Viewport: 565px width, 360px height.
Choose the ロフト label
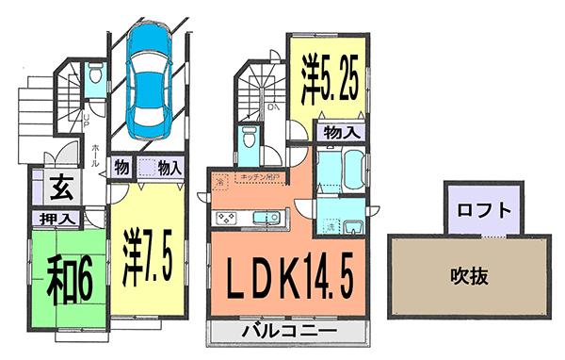[481, 209]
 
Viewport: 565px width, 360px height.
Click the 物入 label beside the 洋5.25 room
[338, 132]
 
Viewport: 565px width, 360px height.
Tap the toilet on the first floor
[95, 75]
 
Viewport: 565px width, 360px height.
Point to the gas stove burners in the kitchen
[227, 219]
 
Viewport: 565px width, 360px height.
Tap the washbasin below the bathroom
[353, 227]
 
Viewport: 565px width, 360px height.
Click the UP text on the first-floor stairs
[86, 122]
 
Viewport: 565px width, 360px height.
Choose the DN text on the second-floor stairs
[272, 108]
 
